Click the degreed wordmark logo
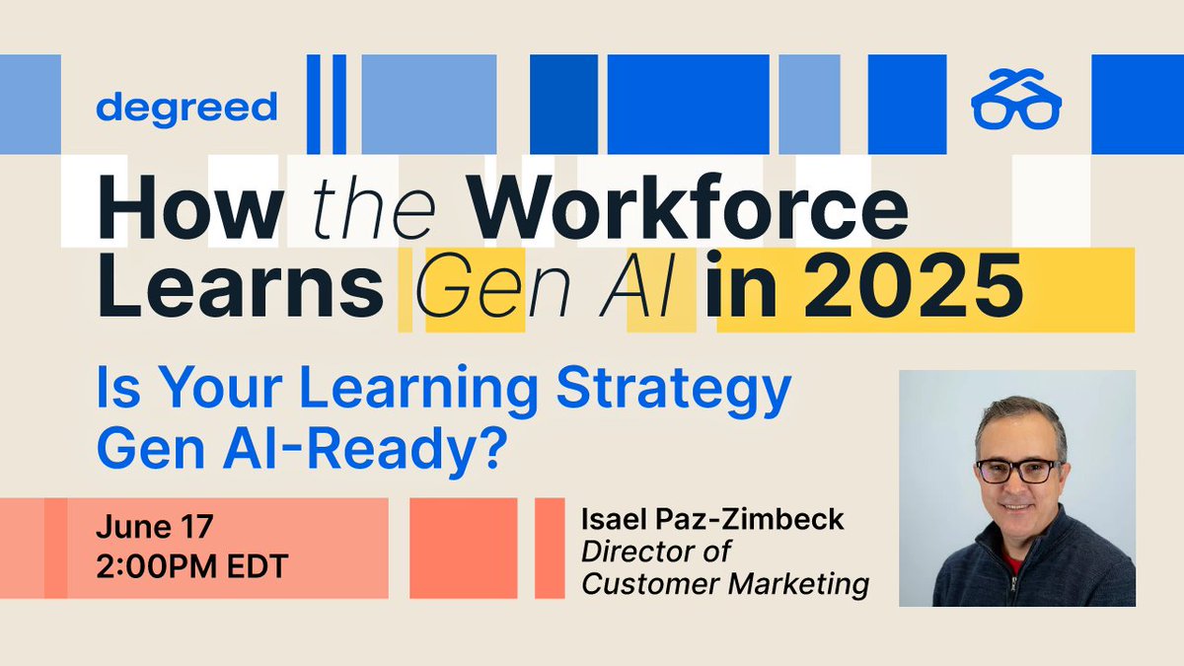click(186, 107)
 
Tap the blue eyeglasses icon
click(1015, 102)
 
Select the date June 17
click(154, 526)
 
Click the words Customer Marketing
click(725, 584)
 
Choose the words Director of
click(655, 552)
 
